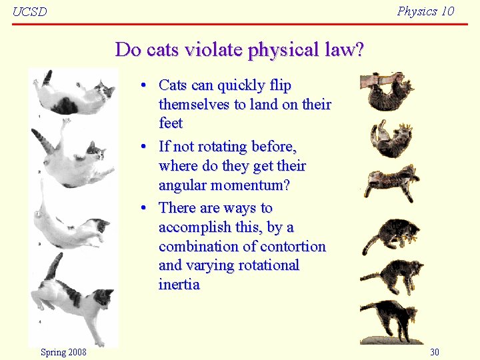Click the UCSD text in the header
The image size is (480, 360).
click(x=30, y=11)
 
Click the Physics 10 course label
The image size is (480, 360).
click(x=425, y=11)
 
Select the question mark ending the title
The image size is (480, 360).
click(x=359, y=50)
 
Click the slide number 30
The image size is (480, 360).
click(x=435, y=352)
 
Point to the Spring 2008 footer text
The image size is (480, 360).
click(x=63, y=352)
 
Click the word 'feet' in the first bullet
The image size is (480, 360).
click(x=171, y=123)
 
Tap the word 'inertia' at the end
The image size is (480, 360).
click(x=179, y=285)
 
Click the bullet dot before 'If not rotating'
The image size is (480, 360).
click(x=143, y=147)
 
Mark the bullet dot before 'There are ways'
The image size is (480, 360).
click(x=143, y=209)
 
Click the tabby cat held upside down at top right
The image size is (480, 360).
click(x=390, y=91)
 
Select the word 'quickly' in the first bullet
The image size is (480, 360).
click(x=241, y=85)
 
